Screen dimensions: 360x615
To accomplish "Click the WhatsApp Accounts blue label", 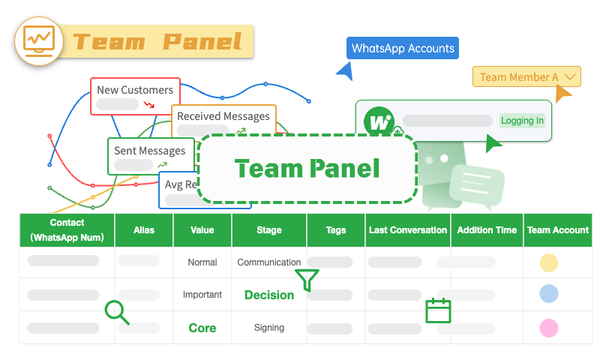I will [x=403, y=49].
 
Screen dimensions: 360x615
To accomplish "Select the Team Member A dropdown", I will [x=526, y=77].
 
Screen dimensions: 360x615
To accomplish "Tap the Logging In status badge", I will [x=522, y=121].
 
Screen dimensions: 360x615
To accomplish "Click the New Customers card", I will [x=135, y=96].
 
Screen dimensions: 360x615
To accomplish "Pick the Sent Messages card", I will [x=149, y=155].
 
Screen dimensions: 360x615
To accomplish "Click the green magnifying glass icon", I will [x=117, y=312].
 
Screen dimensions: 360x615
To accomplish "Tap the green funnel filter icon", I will [x=307, y=280].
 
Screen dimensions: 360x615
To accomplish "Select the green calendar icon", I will [x=438, y=310].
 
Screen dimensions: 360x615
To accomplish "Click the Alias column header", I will [x=144, y=230].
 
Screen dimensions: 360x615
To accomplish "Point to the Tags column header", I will [x=336, y=230].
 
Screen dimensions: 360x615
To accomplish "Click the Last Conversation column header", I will [x=408, y=230].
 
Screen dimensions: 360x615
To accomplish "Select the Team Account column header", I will [x=558, y=230].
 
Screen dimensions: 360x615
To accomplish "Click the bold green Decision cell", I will [x=269, y=295].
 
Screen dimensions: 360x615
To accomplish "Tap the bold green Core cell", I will [x=202, y=328].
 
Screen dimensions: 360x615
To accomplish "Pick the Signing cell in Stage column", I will [x=269, y=328].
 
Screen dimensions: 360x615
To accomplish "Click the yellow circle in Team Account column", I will [x=548, y=262].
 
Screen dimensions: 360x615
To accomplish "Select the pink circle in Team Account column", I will [x=548, y=328].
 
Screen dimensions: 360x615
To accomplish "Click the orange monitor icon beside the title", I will [x=39, y=40].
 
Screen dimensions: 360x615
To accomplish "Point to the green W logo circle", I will [x=379, y=121].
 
